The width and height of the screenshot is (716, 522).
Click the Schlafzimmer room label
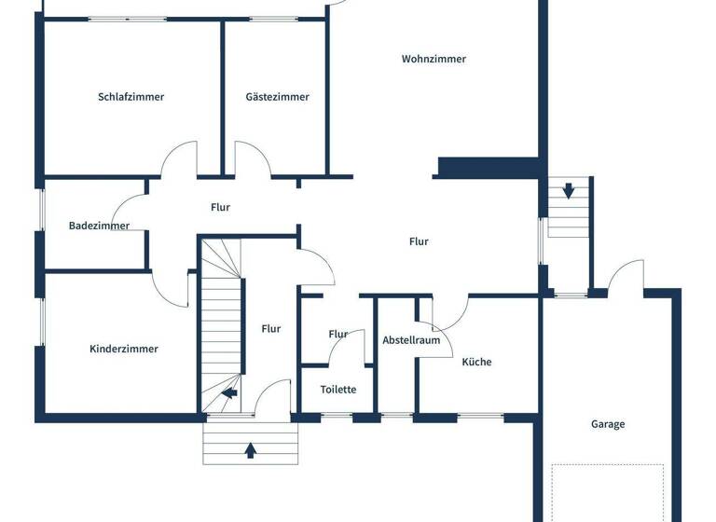(x=131, y=96)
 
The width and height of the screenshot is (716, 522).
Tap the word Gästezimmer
(x=277, y=96)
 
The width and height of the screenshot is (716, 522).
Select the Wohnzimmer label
(x=434, y=59)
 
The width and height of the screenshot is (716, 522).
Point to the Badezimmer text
(x=99, y=225)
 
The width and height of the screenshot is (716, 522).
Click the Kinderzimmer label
(x=124, y=349)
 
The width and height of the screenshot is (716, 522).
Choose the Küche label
(x=476, y=362)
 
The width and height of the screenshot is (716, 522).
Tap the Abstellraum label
(x=411, y=340)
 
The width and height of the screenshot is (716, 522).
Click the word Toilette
(x=338, y=390)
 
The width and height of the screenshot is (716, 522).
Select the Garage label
(x=608, y=424)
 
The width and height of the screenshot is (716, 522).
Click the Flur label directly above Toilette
(x=338, y=334)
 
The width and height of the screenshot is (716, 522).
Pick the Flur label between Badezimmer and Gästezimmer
(x=220, y=207)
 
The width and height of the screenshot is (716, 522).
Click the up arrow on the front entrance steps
(x=250, y=451)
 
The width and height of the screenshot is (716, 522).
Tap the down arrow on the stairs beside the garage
(x=569, y=191)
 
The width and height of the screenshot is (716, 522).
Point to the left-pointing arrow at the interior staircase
(x=228, y=394)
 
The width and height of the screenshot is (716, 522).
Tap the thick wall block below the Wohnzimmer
(x=489, y=167)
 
